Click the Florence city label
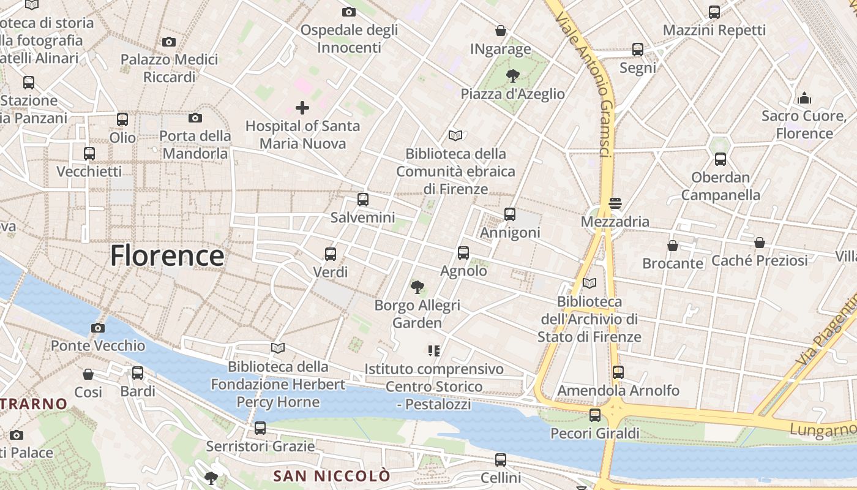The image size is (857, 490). pos(167,255)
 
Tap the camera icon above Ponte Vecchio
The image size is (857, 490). pos(97,328)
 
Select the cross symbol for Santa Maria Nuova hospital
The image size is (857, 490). pos(302,108)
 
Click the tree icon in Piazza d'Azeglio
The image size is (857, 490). pos(513,76)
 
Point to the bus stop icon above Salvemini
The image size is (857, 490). pos(363,200)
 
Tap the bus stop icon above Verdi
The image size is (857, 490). pos(331,254)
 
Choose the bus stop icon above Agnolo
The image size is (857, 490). pos(463,253)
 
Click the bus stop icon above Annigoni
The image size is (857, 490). pos(510,214)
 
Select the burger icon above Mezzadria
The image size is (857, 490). pos(615,203)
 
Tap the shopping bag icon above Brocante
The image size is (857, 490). pos(673,246)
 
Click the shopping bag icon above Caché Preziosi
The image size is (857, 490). pos(760,243)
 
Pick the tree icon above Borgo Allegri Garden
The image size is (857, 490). pos(417,287)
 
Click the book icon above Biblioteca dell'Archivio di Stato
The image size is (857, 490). pos(589,284)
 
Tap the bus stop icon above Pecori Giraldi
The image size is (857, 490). pos(595,415)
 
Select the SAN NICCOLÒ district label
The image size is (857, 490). pos(331,475)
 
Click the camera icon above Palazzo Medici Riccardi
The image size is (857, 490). pos(169,42)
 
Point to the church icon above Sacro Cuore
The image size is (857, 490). pos(804,98)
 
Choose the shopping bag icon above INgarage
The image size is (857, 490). pos(501,31)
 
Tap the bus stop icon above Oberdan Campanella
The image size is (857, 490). pos(720,159)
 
